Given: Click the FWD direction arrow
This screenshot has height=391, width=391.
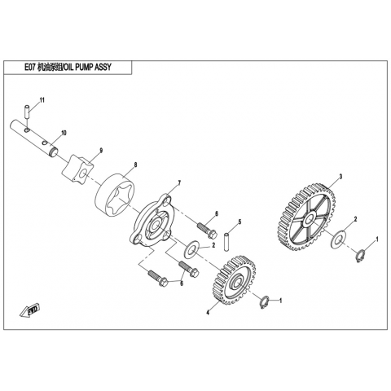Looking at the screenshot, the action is click(30, 310).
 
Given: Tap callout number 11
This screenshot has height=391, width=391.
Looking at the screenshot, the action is click(42, 100).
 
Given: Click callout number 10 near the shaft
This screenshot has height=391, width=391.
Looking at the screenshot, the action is click(64, 133).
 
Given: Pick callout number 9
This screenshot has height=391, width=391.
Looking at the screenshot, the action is click(101, 150).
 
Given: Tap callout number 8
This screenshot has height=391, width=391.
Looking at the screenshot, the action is click(135, 165).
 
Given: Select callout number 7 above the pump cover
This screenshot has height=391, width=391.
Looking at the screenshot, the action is click(179, 183).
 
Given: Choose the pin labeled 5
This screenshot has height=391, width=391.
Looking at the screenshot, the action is click(226, 241).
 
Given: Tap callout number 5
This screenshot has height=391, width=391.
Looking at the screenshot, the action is click(239, 222).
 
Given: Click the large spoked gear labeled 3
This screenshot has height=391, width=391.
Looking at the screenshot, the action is click(307, 217).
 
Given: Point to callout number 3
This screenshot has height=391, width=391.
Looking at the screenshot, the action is click(340, 177).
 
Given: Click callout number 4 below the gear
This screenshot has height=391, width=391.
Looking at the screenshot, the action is click(208, 313).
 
